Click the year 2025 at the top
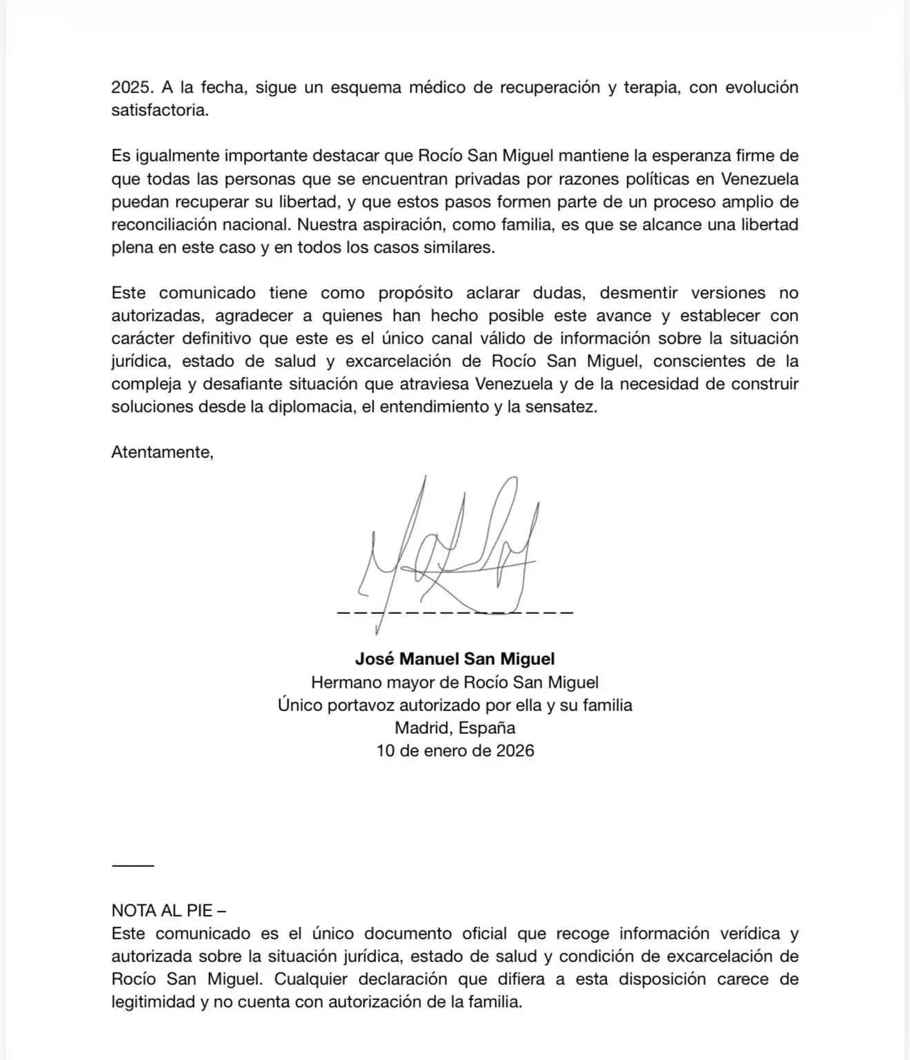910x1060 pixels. click(132, 88)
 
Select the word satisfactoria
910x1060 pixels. click(159, 110)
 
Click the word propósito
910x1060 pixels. click(415, 293)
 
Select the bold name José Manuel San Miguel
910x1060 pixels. click(455, 659)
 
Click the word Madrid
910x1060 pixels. click(421, 728)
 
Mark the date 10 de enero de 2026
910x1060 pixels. click(455, 751)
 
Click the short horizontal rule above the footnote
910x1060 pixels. click(132, 866)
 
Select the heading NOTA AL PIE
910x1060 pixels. click(162, 911)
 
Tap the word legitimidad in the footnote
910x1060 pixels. click(154, 1002)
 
